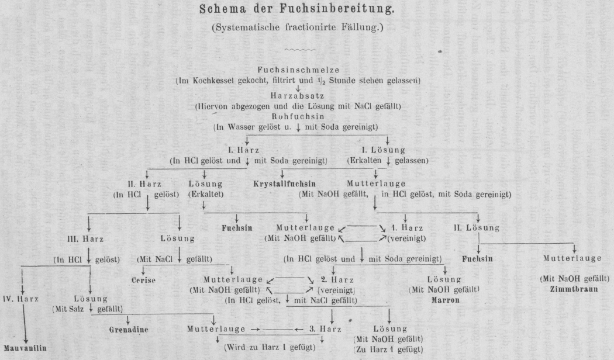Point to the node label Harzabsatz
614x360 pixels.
tap(306, 96)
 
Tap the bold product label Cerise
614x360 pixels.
tap(143, 280)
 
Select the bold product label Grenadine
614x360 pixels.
tap(129, 329)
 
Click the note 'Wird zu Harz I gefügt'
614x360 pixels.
tap(270, 347)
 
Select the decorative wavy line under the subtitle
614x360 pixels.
tap(306, 50)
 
